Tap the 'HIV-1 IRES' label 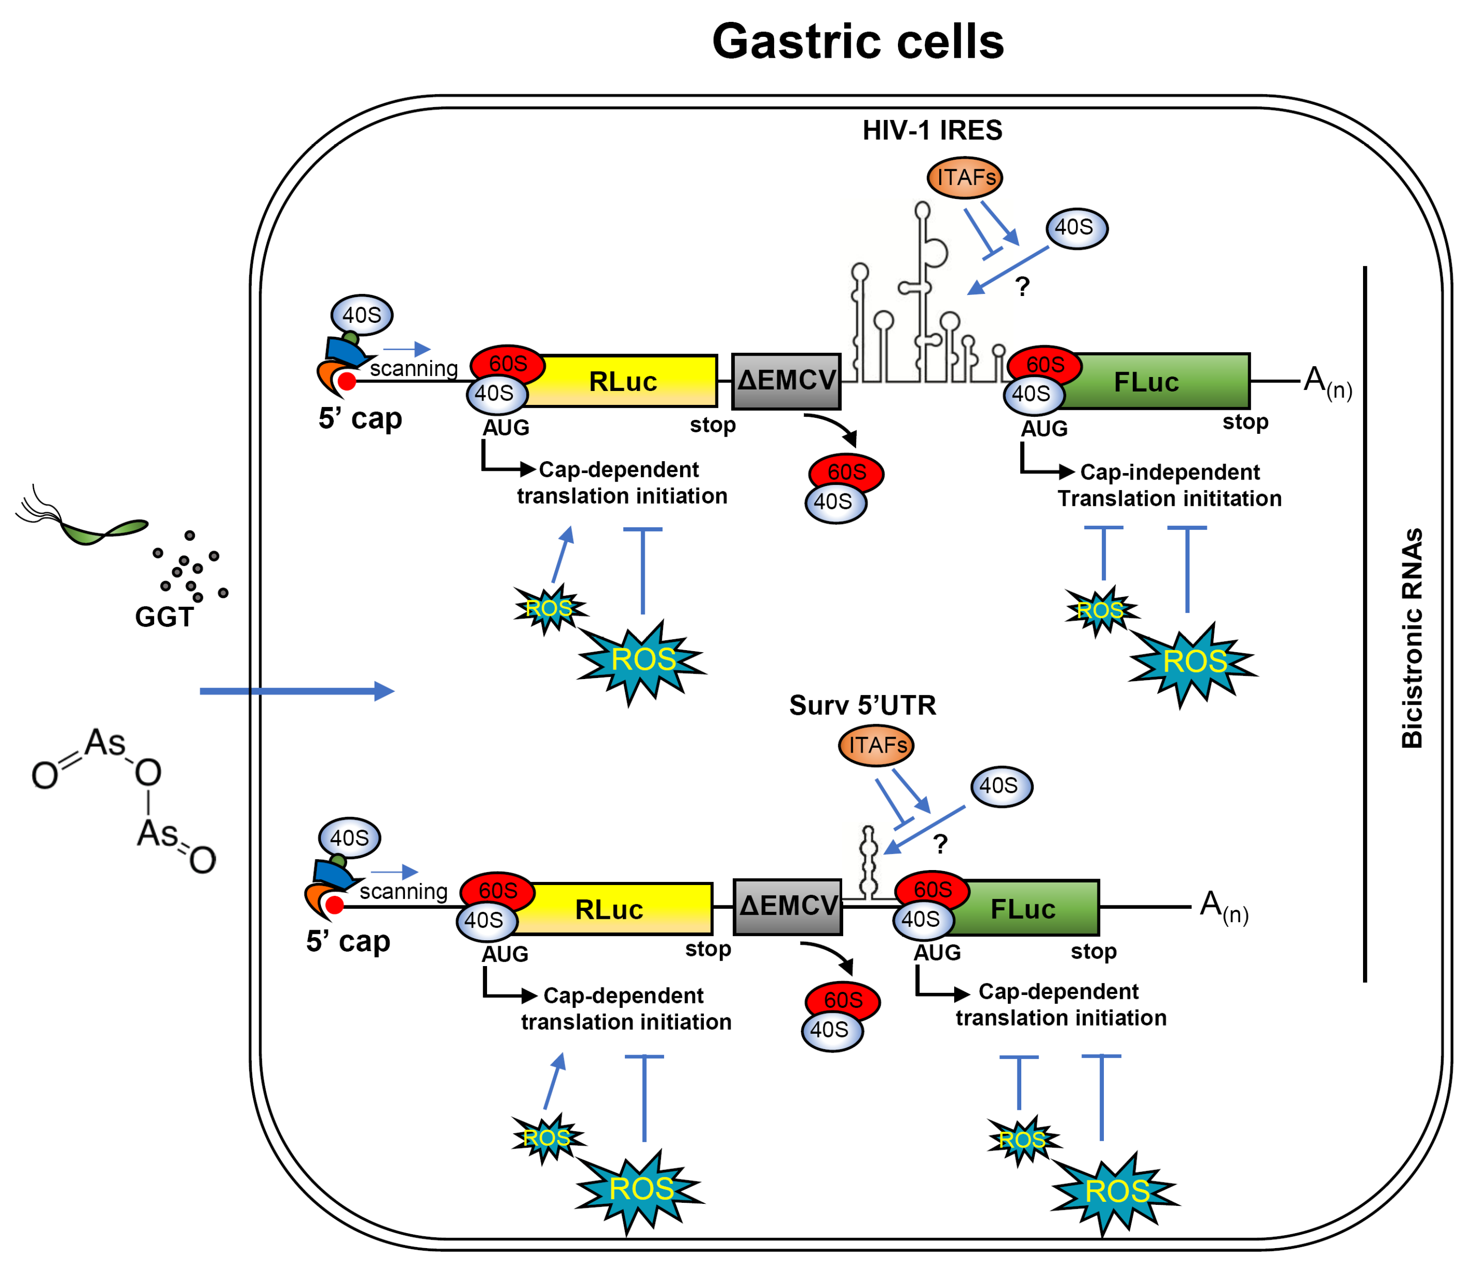coord(932,130)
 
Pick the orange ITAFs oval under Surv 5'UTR coord(876,745)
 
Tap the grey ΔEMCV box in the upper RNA coord(786,381)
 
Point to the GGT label coord(164,617)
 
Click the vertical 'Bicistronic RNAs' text coord(1412,639)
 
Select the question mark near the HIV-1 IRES coord(1022,287)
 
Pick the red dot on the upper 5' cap coord(347,381)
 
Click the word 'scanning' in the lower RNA coord(403,891)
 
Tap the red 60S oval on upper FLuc coord(1044,365)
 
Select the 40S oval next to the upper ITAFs coord(1076,228)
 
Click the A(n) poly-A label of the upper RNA coord(1327,383)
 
